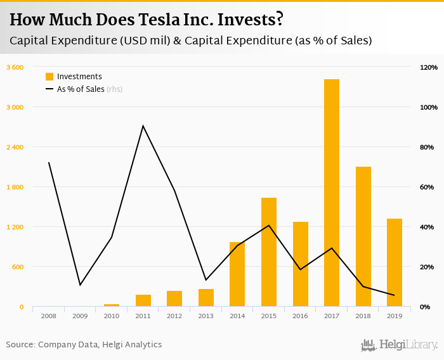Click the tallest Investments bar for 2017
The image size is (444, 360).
pos(331,193)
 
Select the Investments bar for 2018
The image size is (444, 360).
pos(363,236)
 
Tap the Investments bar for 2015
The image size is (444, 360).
pos(268,252)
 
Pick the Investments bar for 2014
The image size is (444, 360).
pos(237,274)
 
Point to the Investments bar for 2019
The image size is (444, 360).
pos(394,262)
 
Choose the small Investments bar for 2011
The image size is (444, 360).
pos(143,300)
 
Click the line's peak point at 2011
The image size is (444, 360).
pos(143,125)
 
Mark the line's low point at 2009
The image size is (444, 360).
pos(80,285)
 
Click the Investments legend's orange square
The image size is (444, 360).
pos(49,77)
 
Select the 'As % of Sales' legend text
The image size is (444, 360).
pos(81,89)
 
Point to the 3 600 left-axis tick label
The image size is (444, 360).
pos(15,67)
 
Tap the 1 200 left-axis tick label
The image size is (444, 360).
pos(15,227)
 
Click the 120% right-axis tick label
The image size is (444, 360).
pos(428,67)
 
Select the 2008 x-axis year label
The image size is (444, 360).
pos(49,315)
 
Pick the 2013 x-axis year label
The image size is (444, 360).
pos(206,315)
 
